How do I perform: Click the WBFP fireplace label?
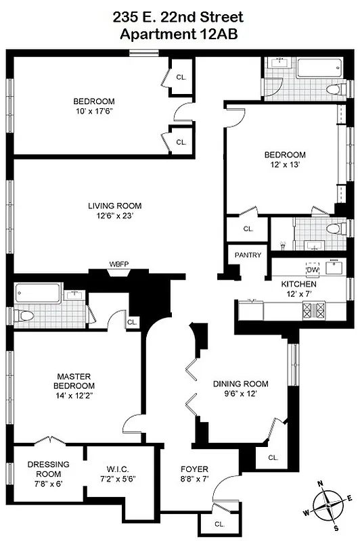coord(118,264)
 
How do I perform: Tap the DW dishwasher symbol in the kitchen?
coord(313,270)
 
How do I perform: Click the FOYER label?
coord(194,469)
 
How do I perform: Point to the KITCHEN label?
coord(298,285)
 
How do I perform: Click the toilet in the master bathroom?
coord(25,316)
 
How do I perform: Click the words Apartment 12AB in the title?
coord(179,34)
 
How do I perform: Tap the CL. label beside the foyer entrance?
coord(219,523)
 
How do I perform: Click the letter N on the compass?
coord(321,484)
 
